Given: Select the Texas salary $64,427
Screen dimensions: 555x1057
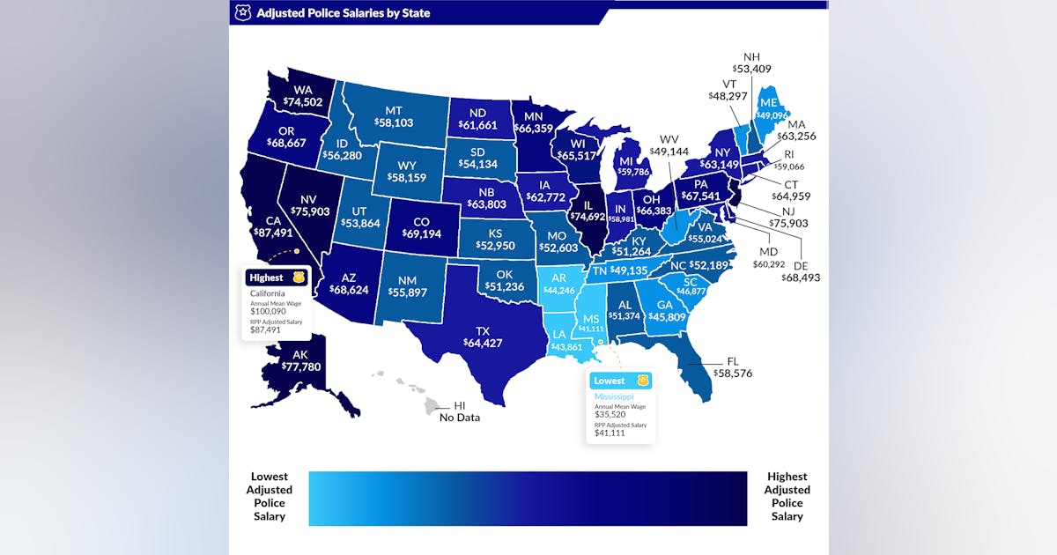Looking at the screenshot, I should pyautogui.click(x=483, y=343).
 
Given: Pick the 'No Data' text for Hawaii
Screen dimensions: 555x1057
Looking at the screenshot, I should pyautogui.click(x=460, y=418).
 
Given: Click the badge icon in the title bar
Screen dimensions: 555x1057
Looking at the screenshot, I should pyautogui.click(x=242, y=13).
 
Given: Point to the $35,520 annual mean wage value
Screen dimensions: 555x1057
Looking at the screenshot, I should pyautogui.click(x=610, y=414).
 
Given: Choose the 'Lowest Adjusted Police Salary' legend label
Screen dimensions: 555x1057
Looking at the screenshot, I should pyautogui.click(x=270, y=497).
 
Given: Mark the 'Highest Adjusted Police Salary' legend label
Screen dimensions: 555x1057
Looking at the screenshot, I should pyautogui.click(x=787, y=497).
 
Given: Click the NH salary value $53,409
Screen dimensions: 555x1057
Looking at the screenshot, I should pyautogui.click(x=751, y=67).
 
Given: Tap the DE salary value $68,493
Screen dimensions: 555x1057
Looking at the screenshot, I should pyautogui.click(x=801, y=277).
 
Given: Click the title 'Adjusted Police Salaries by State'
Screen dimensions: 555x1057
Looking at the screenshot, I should pyautogui.click(x=344, y=13).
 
